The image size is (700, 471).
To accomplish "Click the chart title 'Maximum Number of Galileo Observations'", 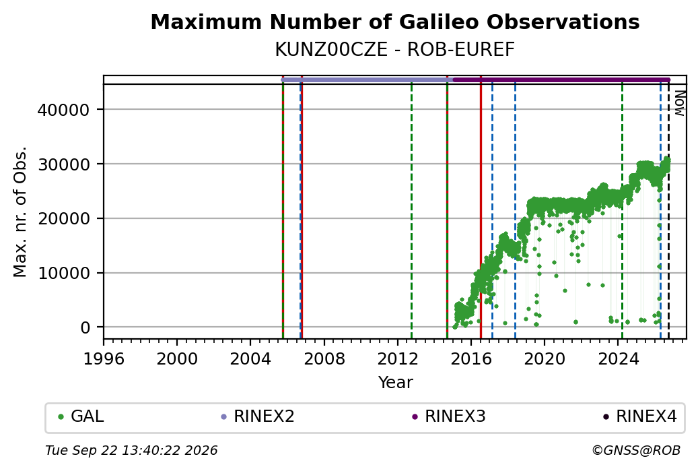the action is pos(395,22).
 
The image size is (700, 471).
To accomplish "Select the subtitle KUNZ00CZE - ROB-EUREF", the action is pos(395,50).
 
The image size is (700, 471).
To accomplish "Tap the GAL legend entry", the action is pos(81,416).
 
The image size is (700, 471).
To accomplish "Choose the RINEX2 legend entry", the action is pos(258,416).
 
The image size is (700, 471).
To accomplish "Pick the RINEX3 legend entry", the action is pos(449,416).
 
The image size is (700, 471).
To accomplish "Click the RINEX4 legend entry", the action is pos(639,416).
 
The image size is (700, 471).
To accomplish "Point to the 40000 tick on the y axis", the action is pos(64,110).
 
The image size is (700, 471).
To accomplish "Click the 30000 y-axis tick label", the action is pos(64,164).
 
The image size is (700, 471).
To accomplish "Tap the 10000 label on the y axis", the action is pos(64,273).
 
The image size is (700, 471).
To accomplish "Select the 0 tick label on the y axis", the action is pos(85,327).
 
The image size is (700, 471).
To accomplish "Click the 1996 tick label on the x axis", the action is pos(104,359).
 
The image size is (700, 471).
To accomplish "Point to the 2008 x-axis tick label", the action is pos(324,359).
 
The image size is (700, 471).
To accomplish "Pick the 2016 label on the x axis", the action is pos(471,359).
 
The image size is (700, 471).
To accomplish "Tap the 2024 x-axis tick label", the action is pos(618,359).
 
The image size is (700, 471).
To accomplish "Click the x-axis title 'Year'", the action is pos(396,383).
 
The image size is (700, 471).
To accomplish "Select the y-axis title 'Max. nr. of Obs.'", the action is pos(20,212).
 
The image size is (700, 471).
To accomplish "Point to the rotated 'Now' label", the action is pos(679,103).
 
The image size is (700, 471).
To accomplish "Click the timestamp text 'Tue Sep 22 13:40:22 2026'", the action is pos(131,450).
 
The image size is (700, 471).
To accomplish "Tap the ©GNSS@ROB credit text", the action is pos(636,450).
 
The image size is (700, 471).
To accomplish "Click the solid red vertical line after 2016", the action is pos(481,208).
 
